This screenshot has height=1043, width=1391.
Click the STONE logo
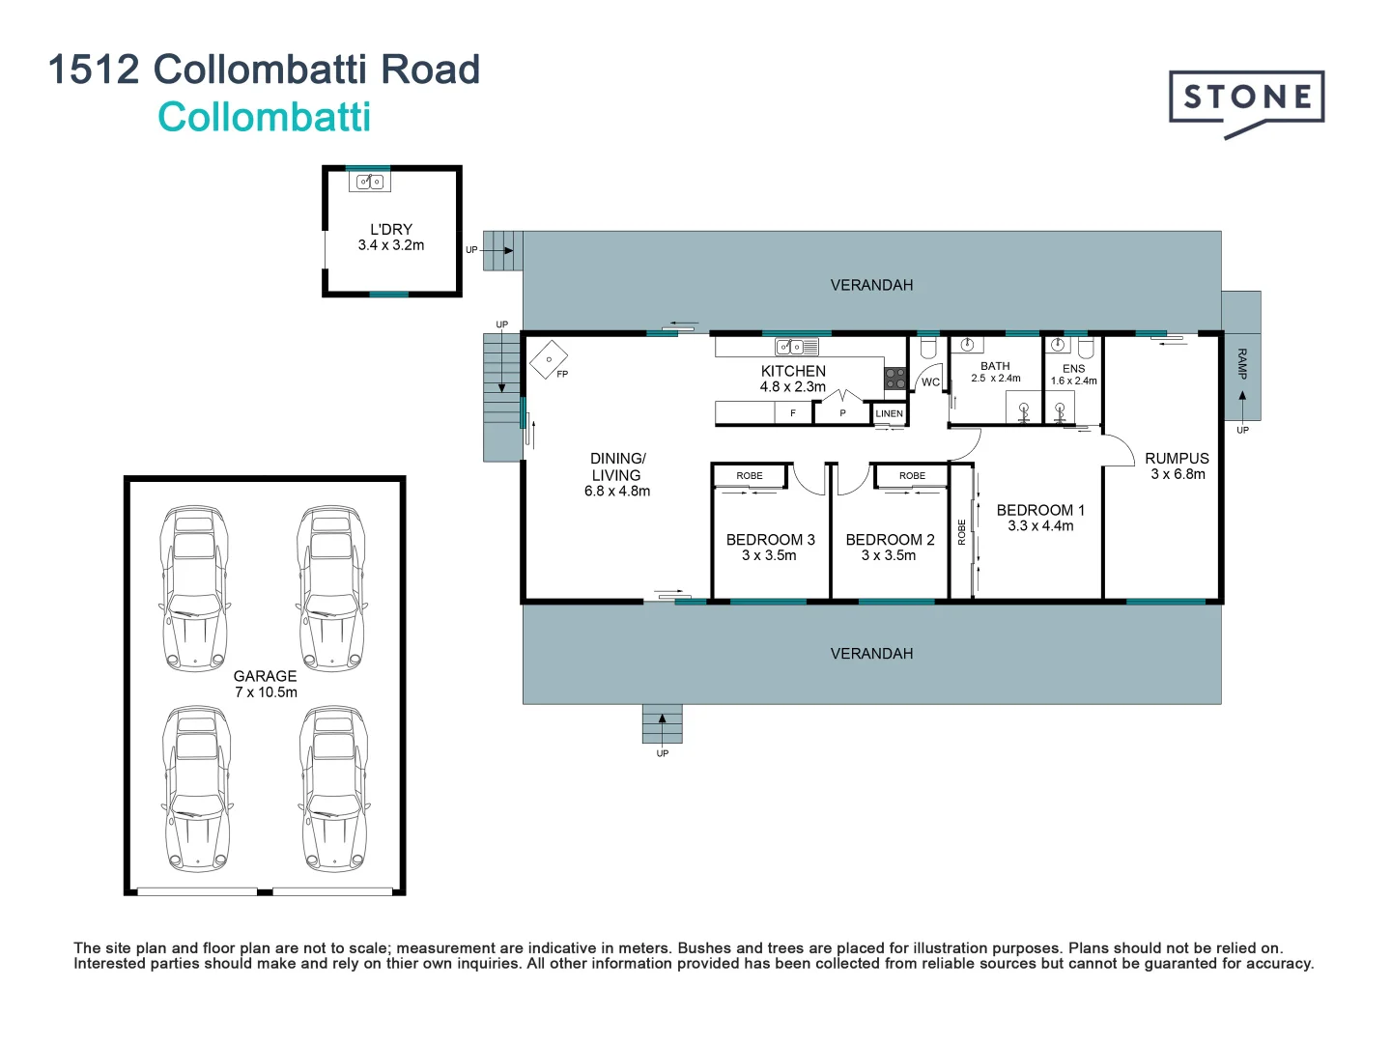pos(1246,99)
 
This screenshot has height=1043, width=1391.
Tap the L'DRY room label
pos(391,229)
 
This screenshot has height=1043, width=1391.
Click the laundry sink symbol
pos(369,182)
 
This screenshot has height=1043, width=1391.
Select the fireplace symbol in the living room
pos(549,360)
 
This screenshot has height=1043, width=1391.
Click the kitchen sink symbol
pos(797,347)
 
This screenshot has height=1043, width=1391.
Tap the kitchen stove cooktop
pos(895,378)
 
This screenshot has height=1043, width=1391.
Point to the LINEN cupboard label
pos(889,413)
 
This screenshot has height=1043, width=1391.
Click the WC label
pos(930,382)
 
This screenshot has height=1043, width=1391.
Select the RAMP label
pos(1242,363)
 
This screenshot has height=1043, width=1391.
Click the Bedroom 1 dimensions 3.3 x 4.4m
pos(1040,526)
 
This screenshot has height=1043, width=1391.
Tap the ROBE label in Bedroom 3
pos(750,476)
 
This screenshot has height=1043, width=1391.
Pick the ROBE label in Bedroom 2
pos(912,476)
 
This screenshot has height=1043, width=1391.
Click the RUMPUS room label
pos(1177,459)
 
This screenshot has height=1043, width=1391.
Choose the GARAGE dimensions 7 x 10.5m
pos(266,692)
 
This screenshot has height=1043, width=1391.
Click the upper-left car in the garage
pos(194,588)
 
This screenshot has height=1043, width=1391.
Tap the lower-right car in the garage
pos(334,788)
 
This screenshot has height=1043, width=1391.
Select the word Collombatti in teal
pos(264,118)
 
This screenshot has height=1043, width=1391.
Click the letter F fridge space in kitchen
pos(793,413)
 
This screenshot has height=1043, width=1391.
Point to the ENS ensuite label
pos(1073,368)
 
